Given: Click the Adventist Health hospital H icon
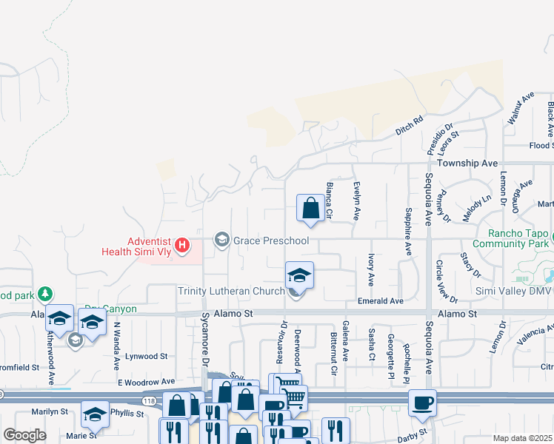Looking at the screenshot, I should tap(179, 243).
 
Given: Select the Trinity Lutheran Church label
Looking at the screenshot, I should tap(231, 291).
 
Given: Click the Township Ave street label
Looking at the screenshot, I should tap(467, 163).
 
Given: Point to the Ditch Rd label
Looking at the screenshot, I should tap(408, 124).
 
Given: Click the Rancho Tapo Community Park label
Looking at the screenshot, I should tap(511, 238).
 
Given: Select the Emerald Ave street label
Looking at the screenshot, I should tap(380, 301).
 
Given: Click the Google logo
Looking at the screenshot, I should tap(24, 435).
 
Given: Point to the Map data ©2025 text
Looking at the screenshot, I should tap(523, 438).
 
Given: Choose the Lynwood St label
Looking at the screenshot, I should tap(147, 356).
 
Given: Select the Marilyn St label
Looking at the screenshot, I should tap(50, 411).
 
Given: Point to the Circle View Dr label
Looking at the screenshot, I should tap(447, 282).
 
